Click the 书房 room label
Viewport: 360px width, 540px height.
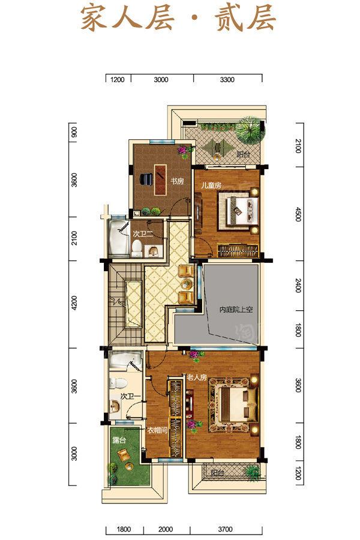click(177, 181)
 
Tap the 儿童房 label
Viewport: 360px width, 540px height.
click(211, 185)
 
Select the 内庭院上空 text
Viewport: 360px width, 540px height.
click(236, 310)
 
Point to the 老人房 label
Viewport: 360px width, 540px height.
click(197, 377)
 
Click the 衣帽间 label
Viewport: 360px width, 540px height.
click(157, 430)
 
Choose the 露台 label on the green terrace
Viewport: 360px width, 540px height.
click(119, 440)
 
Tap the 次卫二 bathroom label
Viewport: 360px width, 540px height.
click(143, 235)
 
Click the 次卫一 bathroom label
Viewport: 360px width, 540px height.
click(130, 397)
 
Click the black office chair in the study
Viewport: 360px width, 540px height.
click(146, 179)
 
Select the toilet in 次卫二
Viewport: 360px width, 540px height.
click(137, 248)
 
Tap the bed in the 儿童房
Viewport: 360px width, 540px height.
click(238, 210)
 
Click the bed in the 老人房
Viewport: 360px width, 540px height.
click(233, 405)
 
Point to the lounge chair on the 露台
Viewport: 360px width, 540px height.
click(123, 455)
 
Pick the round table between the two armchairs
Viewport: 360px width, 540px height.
click(187, 284)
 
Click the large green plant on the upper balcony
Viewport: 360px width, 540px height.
click(249, 130)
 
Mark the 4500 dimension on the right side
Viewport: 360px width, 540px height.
click(298, 214)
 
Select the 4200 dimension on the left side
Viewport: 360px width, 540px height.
click(74, 303)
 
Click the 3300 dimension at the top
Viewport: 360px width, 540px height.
click(227, 80)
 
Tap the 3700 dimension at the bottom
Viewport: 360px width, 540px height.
click(226, 529)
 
